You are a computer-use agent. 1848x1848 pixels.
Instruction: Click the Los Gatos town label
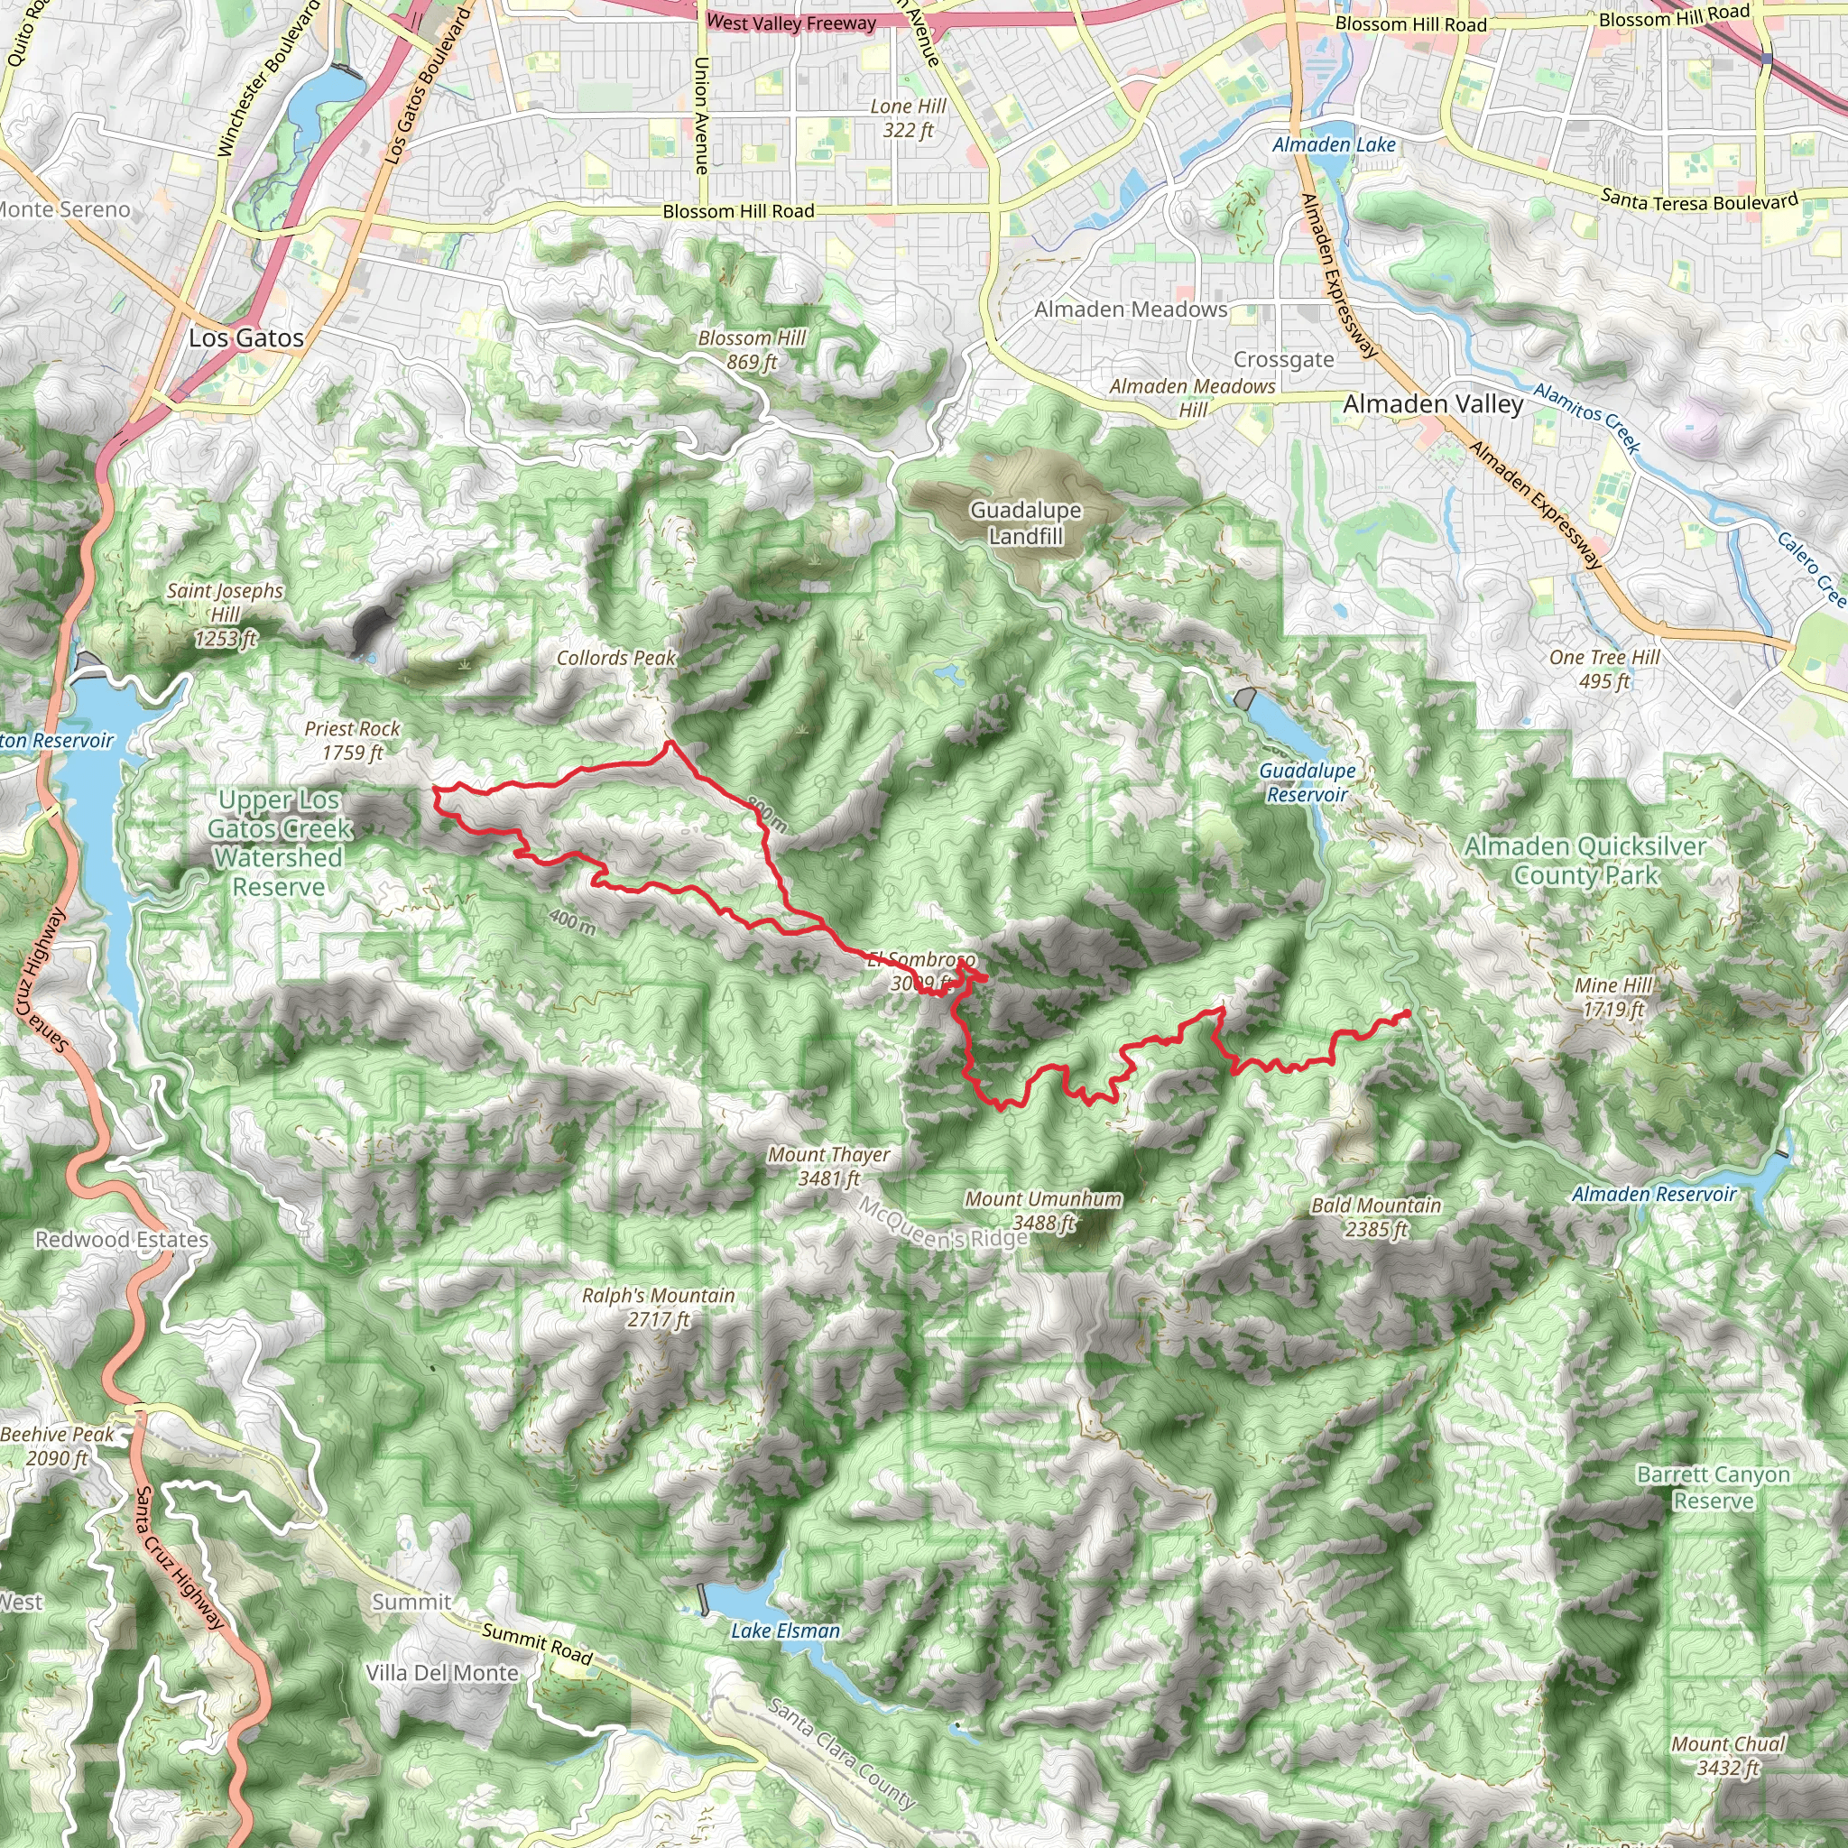pyautogui.click(x=245, y=337)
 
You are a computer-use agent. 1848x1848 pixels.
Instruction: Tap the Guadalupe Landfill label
pyautogui.click(x=1025, y=523)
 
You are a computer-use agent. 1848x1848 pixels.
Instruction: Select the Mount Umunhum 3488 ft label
pyautogui.click(x=1042, y=1210)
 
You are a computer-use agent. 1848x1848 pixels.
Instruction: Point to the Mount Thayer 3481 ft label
pyautogui.click(x=828, y=1166)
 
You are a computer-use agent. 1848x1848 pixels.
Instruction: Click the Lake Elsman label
pyautogui.click(x=785, y=1631)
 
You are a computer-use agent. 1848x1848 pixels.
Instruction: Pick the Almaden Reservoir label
pyautogui.click(x=1654, y=1194)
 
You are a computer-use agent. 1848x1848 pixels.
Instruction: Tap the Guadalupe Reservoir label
pyautogui.click(x=1307, y=782)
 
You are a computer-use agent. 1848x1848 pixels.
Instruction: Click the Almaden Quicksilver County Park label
pyautogui.click(x=1585, y=861)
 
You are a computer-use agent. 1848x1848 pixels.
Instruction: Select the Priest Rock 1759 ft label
pyautogui.click(x=352, y=740)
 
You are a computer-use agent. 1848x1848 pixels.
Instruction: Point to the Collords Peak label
pyautogui.click(x=616, y=658)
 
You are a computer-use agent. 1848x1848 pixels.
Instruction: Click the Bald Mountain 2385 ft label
pyautogui.click(x=1375, y=1216)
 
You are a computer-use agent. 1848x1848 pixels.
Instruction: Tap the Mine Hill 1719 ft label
pyautogui.click(x=1613, y=997)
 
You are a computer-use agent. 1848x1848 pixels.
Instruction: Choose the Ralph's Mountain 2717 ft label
pyautogui.click(x=658, y=1307)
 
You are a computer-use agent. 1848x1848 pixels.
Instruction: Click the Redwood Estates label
pyautogui.click(x=122, y=1240)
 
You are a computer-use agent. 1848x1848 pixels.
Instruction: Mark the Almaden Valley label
pyautogui.click(x=1433, y=404)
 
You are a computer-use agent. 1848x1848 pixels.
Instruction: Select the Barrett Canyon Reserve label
pyautogui.click(x=1714, y=1487)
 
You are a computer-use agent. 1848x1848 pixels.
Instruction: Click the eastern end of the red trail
pyautogui.click(x=1408, y=1012)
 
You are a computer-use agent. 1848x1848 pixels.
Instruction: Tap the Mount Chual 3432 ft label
pyautogui.click(x=1727, y=1755)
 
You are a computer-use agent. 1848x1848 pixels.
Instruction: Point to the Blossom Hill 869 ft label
pyautogui.click(x=751, y=350)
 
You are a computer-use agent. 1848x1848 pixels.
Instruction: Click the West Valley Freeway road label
pyautogui.click(x=791, y=23)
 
